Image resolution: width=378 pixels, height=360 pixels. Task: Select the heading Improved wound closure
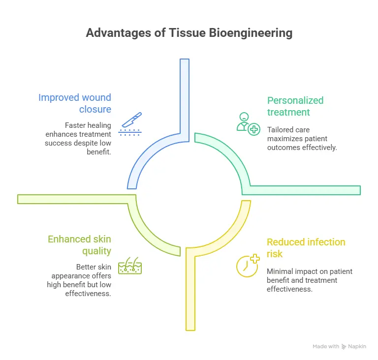[75, 103]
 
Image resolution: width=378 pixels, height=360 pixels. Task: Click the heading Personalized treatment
[295, 106]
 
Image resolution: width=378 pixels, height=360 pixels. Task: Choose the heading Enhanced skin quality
[79, 245]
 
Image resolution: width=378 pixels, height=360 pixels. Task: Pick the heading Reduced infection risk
[306, 248]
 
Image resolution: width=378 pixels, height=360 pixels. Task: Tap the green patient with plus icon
[248, 122]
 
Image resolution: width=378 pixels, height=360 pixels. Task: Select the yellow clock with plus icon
[247, 265]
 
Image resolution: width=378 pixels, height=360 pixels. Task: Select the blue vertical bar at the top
[185, 93]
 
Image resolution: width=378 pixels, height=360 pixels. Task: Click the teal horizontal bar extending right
[305, 190]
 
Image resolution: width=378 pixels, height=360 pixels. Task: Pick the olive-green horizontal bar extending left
[74, 199]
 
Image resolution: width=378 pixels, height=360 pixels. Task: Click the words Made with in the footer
[326, 346]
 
